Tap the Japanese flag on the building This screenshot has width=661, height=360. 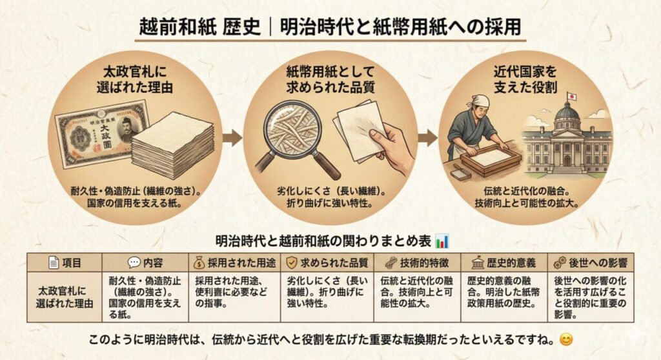pyautogui.click(x=571, y=97)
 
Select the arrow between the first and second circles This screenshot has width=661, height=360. pyautogui.click(x=232, y=137)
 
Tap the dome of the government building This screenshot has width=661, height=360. pyautogui.click(x=567, y=114)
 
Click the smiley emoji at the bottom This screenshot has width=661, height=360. pyautogui.click(x=565, y=338)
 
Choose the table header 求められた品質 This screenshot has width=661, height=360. pyautogui.click(x=327, y=263)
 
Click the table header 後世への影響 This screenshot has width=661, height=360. pyautogui.click(x=591, y=263)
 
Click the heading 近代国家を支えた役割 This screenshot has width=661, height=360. pyautogui.click(x=524, y=78)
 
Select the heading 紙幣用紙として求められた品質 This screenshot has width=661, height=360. pyautogui.click(x=330, y=78)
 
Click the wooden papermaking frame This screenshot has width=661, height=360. pyautogui.click(x=491, y=159)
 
